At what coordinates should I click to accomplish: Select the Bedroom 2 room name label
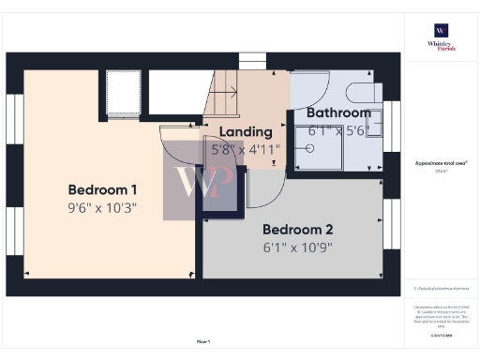point(297,229)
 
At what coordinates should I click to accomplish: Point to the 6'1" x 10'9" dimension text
point(297,248)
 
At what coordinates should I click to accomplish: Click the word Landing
point(246,132)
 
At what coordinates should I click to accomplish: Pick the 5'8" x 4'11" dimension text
point(246,149)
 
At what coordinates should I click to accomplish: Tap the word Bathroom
point(339,112)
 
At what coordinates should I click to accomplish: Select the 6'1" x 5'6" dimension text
point(339,131)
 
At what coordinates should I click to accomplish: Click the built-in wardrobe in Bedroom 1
point(123,93)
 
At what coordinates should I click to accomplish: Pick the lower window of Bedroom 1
point(14,231)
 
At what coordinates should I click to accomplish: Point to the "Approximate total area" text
point(441,163)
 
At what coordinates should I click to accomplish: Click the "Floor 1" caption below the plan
point(202,340)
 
